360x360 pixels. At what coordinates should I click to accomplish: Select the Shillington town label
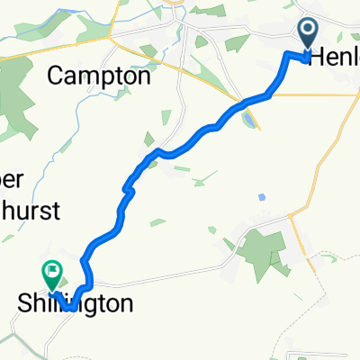tap(76, 303)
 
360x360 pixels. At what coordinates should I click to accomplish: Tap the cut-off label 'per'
tap(18, 175)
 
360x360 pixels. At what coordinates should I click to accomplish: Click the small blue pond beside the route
tap(247, 118)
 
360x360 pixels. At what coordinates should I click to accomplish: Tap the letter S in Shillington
tap(25, 303)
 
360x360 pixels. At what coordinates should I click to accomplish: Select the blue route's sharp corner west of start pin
tap(288, 56)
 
